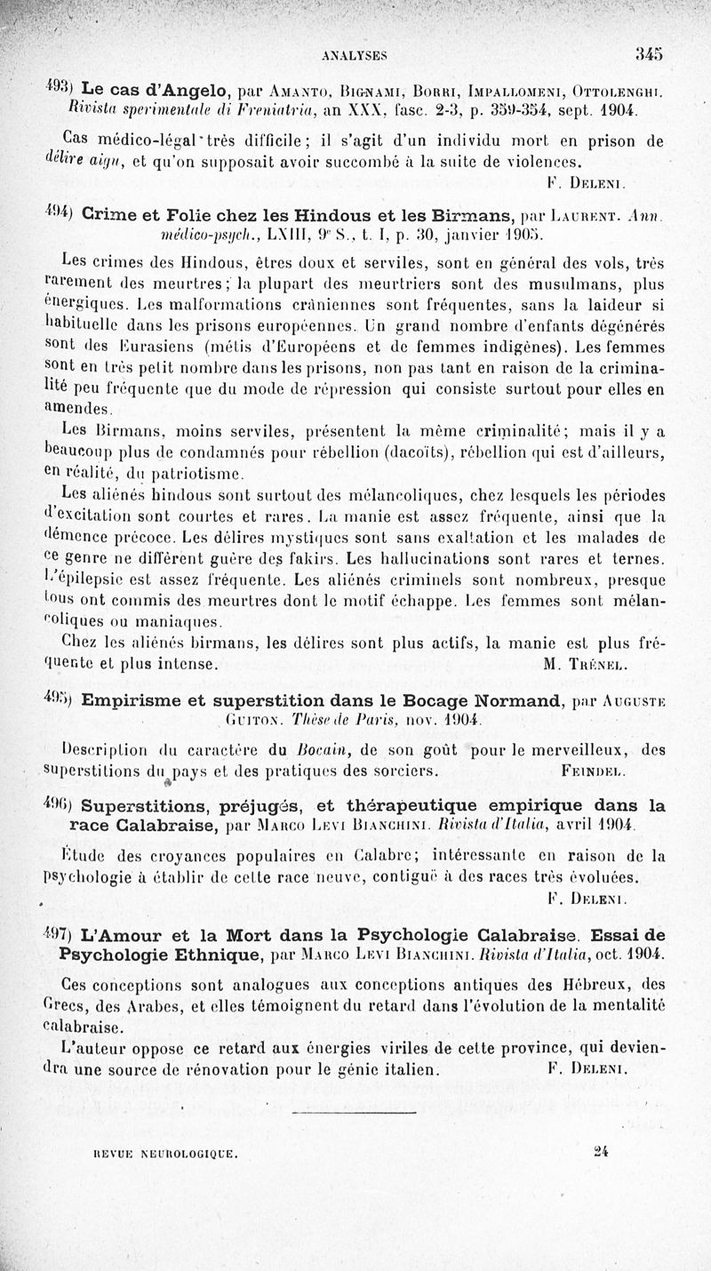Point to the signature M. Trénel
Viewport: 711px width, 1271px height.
tap(574, 663)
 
